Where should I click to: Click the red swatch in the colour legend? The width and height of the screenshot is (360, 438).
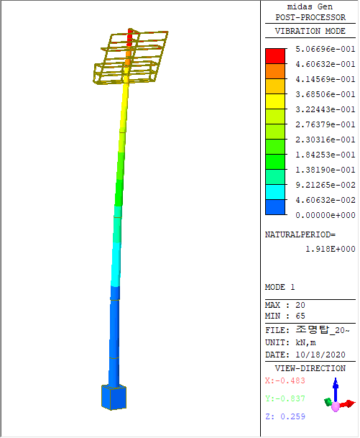275,56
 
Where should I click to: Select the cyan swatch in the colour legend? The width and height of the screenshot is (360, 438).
275,192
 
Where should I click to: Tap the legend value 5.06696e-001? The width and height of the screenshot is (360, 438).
326,49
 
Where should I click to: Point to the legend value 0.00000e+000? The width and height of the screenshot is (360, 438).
326,215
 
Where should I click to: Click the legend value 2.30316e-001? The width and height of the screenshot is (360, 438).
326,140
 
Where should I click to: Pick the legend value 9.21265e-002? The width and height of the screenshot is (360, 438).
326,185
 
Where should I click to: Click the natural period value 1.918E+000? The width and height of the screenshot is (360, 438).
331,249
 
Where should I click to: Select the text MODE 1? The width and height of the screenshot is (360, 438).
280,287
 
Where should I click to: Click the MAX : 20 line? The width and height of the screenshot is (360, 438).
285,305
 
